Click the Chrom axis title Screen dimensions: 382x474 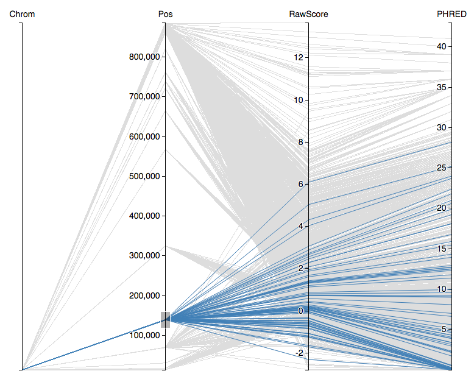coord(22,14)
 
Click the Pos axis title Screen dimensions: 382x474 coord(165,14)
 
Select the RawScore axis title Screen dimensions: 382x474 coord(308,14)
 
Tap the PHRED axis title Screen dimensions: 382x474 coord(451,14)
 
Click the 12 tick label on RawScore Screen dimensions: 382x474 coord(297,57)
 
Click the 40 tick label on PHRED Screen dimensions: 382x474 coord(441,46)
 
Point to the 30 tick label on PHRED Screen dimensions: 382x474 coord(441,127)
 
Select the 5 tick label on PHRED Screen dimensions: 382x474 coord(444,329)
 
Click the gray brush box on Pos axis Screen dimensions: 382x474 coord(165,319)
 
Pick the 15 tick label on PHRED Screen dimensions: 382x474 coord(441,249)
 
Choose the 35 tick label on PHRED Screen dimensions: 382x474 coord(441,87)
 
